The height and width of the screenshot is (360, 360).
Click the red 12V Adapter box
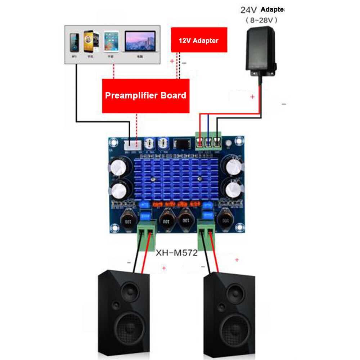coord(199,40)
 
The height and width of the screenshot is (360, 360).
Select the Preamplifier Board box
coord(145,95)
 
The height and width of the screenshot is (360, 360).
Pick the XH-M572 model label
coord(176,253)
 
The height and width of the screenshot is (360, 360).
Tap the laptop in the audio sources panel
coord(140,42)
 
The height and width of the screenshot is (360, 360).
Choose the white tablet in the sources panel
coord(111,42)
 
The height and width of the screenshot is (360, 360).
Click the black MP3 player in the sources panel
coord(75,43)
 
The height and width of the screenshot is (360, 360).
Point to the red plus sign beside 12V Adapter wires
coord(172,61)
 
